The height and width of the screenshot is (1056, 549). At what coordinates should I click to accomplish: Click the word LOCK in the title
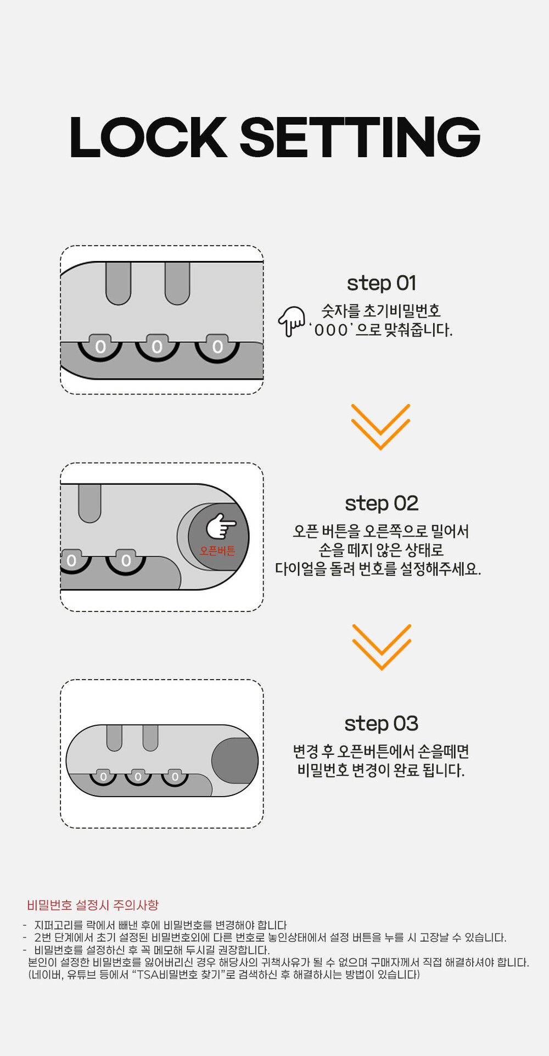148,137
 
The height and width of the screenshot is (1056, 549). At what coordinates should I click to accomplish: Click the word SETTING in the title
360,137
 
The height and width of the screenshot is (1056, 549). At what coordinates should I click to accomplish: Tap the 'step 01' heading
382,284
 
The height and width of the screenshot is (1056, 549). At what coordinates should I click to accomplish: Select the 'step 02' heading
382,504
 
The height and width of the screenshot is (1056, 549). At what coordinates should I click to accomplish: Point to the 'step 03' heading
382,724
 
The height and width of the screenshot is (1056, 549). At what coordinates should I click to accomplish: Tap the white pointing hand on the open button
221,526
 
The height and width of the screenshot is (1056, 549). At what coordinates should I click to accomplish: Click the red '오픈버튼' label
217,551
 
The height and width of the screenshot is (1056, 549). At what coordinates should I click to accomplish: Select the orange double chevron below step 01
380,427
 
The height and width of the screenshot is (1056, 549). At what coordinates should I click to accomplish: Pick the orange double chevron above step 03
382,647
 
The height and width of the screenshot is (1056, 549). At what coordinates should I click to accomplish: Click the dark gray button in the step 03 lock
235,761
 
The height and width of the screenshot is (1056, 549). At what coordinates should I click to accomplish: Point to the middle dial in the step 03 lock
138,777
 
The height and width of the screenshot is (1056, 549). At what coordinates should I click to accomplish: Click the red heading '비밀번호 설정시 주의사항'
93,905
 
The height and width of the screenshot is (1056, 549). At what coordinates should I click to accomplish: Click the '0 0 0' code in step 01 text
332,330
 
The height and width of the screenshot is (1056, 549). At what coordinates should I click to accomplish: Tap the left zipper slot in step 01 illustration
118,283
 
